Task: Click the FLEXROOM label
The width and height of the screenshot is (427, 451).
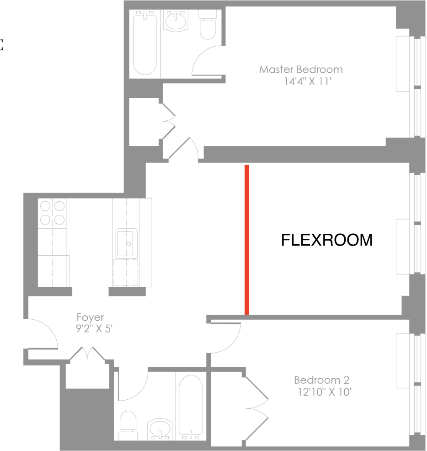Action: [x=326, y=240]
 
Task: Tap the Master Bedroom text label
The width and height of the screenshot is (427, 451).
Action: [x=301, y=70]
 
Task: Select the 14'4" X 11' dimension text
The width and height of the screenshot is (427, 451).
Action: [x=308, y=81]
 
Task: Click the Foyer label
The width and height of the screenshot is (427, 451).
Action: [x=90, y=317]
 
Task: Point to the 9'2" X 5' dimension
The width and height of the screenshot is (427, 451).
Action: [x=94, y=328]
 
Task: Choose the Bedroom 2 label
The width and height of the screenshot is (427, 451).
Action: [x=321, y=380]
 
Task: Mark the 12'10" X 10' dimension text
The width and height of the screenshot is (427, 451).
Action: [x=324, y=392]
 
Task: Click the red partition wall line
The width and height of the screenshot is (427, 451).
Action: [x=247, y=240]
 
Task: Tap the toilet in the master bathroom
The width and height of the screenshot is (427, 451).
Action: [x=207, y=25]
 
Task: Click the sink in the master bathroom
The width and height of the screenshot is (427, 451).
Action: [x=176, y=21]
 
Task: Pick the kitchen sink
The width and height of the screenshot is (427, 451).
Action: [x=127, y=243]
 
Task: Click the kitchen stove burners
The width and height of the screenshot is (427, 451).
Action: [x=52, y=213]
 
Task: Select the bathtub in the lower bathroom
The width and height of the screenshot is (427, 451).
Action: [x=191, y=407]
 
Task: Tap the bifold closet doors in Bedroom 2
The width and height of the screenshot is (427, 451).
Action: [x=256, y=408]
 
